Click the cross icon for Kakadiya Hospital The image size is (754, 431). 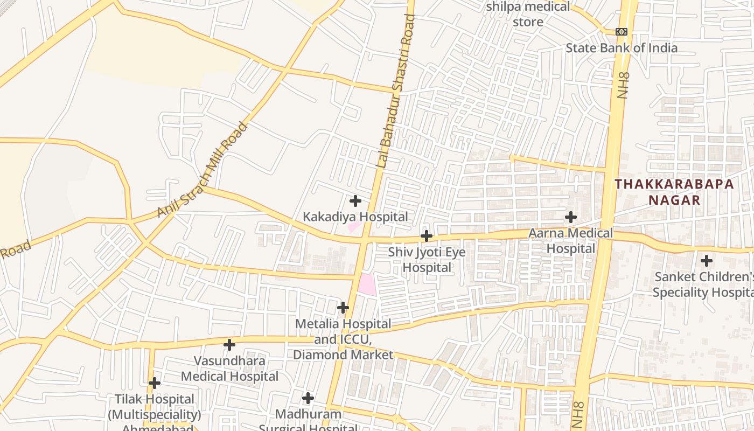tap(355, 201)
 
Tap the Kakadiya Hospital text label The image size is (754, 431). tap(355, 217)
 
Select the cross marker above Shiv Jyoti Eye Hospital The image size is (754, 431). tap(427, 236)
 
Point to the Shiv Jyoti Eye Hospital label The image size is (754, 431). tap(427, 260)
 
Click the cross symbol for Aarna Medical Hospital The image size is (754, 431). tap(571, 217)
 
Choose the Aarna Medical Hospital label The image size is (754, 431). tap(571, 241)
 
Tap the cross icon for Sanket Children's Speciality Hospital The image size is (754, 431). tap(706, 261)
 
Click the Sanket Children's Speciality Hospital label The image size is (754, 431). tap(703, 284)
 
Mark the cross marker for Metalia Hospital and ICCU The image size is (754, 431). tap(343, 308)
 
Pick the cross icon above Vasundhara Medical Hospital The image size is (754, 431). tap(229, 344)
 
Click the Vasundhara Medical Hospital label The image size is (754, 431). tap(229, 369)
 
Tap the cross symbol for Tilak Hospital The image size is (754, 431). tap(155, 383)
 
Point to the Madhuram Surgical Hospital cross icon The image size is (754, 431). tap(308, 398)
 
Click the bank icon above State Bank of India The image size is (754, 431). tap(622, 32)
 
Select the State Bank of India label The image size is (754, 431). tap(622, 48)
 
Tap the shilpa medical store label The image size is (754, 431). tap(528, 15)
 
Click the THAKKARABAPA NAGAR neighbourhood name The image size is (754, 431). tap(674, 192)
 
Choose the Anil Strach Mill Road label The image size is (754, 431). tap(203, 170)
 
